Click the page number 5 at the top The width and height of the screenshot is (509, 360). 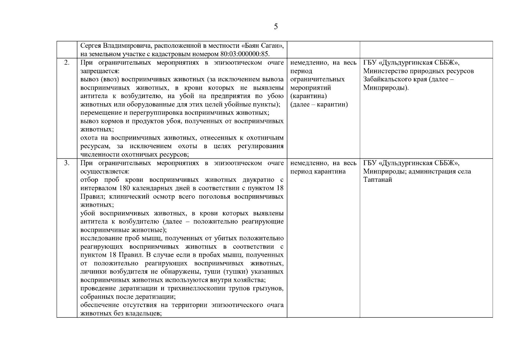click(x=276, y=27)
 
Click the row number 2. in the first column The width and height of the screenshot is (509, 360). click(x=67, y=63)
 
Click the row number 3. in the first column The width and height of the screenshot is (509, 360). click(x=67, y=163)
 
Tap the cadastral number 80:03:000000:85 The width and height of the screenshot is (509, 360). click(x=244, y=54)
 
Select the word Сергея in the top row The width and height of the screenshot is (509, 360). click(x=91, y=46)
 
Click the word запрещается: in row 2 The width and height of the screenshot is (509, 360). click(x=100, y=71)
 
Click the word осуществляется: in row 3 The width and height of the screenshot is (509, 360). click(x=105, y=172)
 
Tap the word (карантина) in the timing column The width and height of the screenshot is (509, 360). click(x=309, y=96)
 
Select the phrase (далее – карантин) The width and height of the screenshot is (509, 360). click(x=319, y=105)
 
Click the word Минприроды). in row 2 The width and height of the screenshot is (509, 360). click(x=386, y=88)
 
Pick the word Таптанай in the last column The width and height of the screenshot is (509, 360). click(x=378, y=180)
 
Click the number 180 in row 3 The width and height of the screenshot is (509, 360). click(x=124, y=188)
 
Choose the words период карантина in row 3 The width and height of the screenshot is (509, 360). click(x=318, y=172)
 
